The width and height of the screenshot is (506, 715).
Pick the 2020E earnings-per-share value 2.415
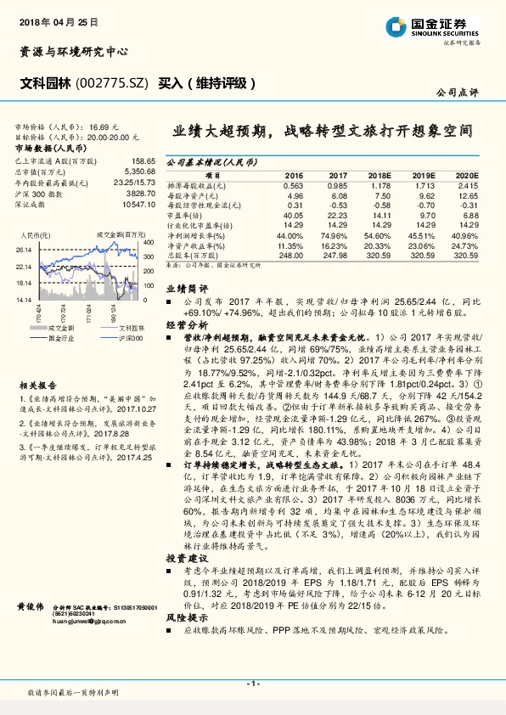point(468,185)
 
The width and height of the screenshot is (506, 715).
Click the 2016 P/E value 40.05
point(293,216)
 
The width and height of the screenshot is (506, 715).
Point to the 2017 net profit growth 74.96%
point(336,236)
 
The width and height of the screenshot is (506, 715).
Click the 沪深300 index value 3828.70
point(139,193)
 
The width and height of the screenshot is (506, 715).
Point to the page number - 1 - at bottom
point(252,684)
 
